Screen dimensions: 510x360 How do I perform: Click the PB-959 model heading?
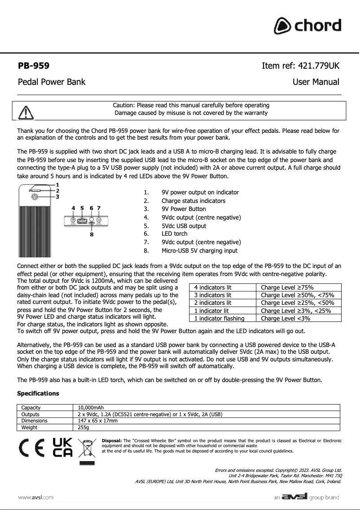pyautogui.click(x=33, y=66)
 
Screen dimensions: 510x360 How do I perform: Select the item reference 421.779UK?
pyautogui.click(x=300, y=66)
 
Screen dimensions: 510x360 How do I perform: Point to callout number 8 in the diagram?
pyautogui.click(x=92, y=234)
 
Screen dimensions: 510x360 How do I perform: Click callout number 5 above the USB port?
pyautogui.click(x=82, y=208)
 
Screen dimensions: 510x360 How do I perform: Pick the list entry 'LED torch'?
pyautogui.click(x=175, y=233)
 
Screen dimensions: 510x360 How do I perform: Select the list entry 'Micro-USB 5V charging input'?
pyautogui.click(x=199, y=251)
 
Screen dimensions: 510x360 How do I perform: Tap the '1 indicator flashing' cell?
pyautogui.click(x=219, y=318)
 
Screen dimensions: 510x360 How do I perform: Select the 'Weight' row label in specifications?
pyautogui.click(x=30, y=428)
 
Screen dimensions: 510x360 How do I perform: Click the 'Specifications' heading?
pyautogui.click(x=38, y=393)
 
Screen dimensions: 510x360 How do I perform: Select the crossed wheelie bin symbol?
pyautogui.click(x=87, y=449)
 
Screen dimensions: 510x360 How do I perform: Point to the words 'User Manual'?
pyautogui.click(x=316, y=82)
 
